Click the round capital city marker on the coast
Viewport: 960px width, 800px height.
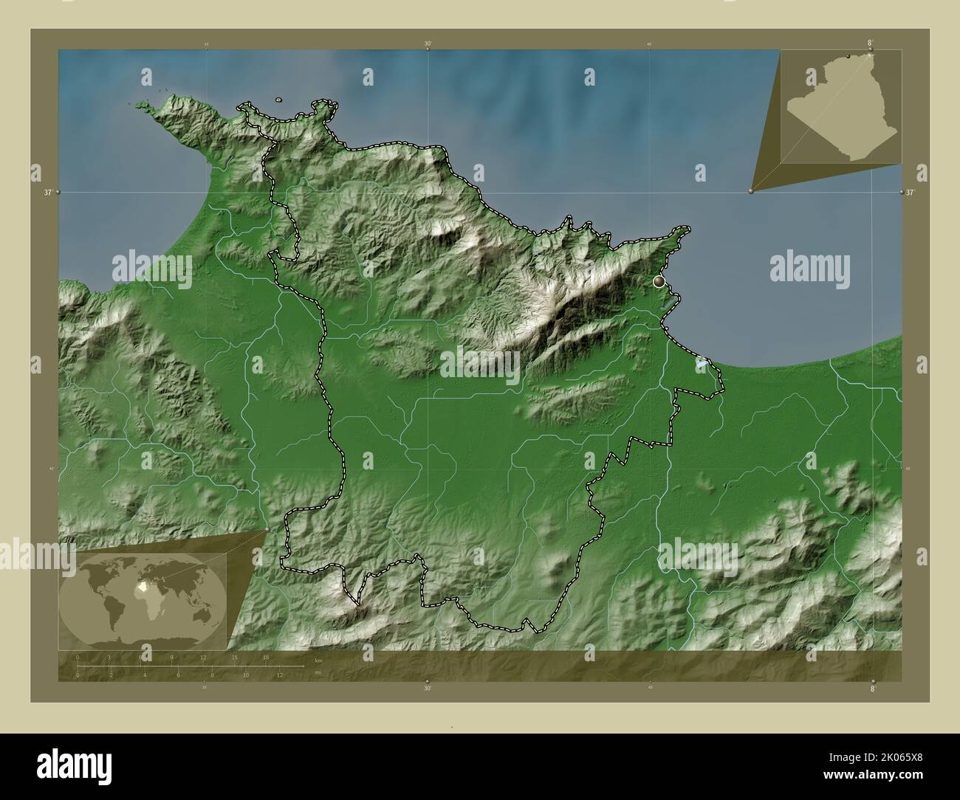click(x=659, y=281)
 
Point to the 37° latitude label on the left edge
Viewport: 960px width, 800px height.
click(x=47, y=193)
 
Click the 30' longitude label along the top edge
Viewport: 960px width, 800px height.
click(x=428, y=44)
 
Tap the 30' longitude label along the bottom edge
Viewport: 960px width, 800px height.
click(x=427, y=688)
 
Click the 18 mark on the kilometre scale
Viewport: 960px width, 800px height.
click(x=265, y=657)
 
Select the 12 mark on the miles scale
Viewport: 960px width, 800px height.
click(x=280, y=675)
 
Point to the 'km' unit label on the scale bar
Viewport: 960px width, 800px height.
click(x=318, y=661)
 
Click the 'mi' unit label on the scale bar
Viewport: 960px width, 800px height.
click(x=318, y=672)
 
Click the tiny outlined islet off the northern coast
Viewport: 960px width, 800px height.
click(x=278, y=100)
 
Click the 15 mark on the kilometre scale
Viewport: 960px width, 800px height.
click(x=234, y=657)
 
